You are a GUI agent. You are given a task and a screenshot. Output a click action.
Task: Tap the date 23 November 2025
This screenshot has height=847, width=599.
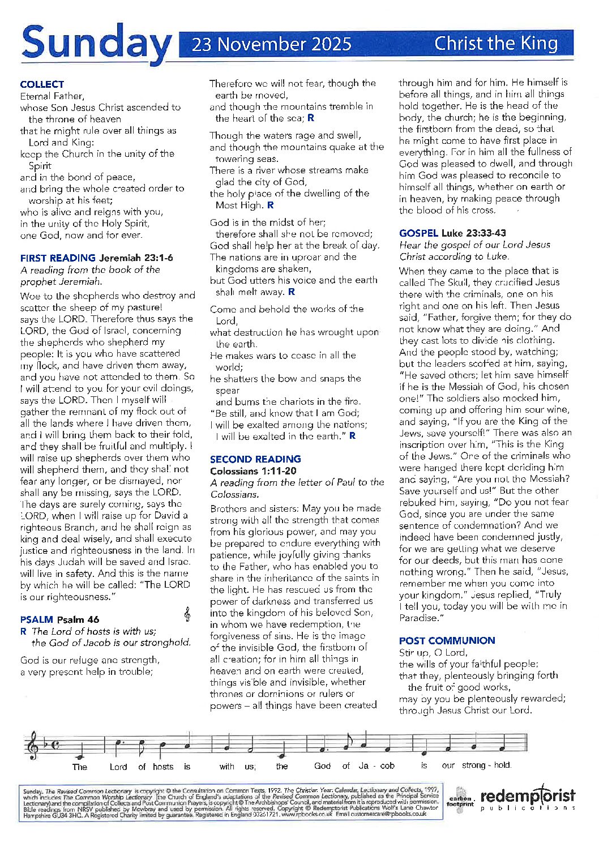point(271,44)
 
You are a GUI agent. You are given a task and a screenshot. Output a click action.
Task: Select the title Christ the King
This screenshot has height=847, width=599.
point(496,44)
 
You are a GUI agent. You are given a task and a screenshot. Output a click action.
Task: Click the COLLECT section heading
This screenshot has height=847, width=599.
point(42,84)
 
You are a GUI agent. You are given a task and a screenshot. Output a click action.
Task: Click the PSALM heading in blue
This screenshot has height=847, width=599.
point(37,619)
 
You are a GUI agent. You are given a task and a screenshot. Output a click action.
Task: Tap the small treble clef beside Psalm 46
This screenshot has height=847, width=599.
point(187,614)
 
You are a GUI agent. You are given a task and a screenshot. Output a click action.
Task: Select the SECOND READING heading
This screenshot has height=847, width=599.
point(255,459)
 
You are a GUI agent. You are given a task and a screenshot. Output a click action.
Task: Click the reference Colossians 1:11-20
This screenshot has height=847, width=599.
point(253,471)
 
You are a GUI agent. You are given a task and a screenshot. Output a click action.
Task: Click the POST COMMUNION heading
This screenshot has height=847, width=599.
point(447,640)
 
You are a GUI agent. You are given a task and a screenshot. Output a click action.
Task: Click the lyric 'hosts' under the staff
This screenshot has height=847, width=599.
point(163,767)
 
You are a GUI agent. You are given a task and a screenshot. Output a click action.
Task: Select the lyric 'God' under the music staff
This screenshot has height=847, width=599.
point(322,766)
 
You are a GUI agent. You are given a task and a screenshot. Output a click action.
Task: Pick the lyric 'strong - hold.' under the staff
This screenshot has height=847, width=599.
point(486,765)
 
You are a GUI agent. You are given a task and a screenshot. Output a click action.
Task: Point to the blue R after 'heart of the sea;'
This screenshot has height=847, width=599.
point(311,118)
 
